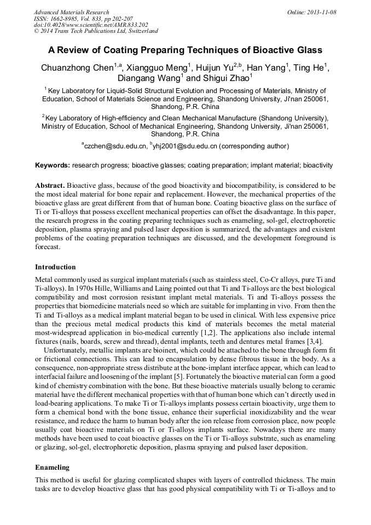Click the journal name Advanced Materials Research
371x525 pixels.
71,12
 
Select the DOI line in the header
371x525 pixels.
91,25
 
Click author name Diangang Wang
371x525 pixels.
150,79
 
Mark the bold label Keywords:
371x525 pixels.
53,165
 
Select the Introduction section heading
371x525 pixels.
55,267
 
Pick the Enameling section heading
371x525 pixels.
53,468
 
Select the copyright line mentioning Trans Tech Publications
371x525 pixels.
96,32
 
